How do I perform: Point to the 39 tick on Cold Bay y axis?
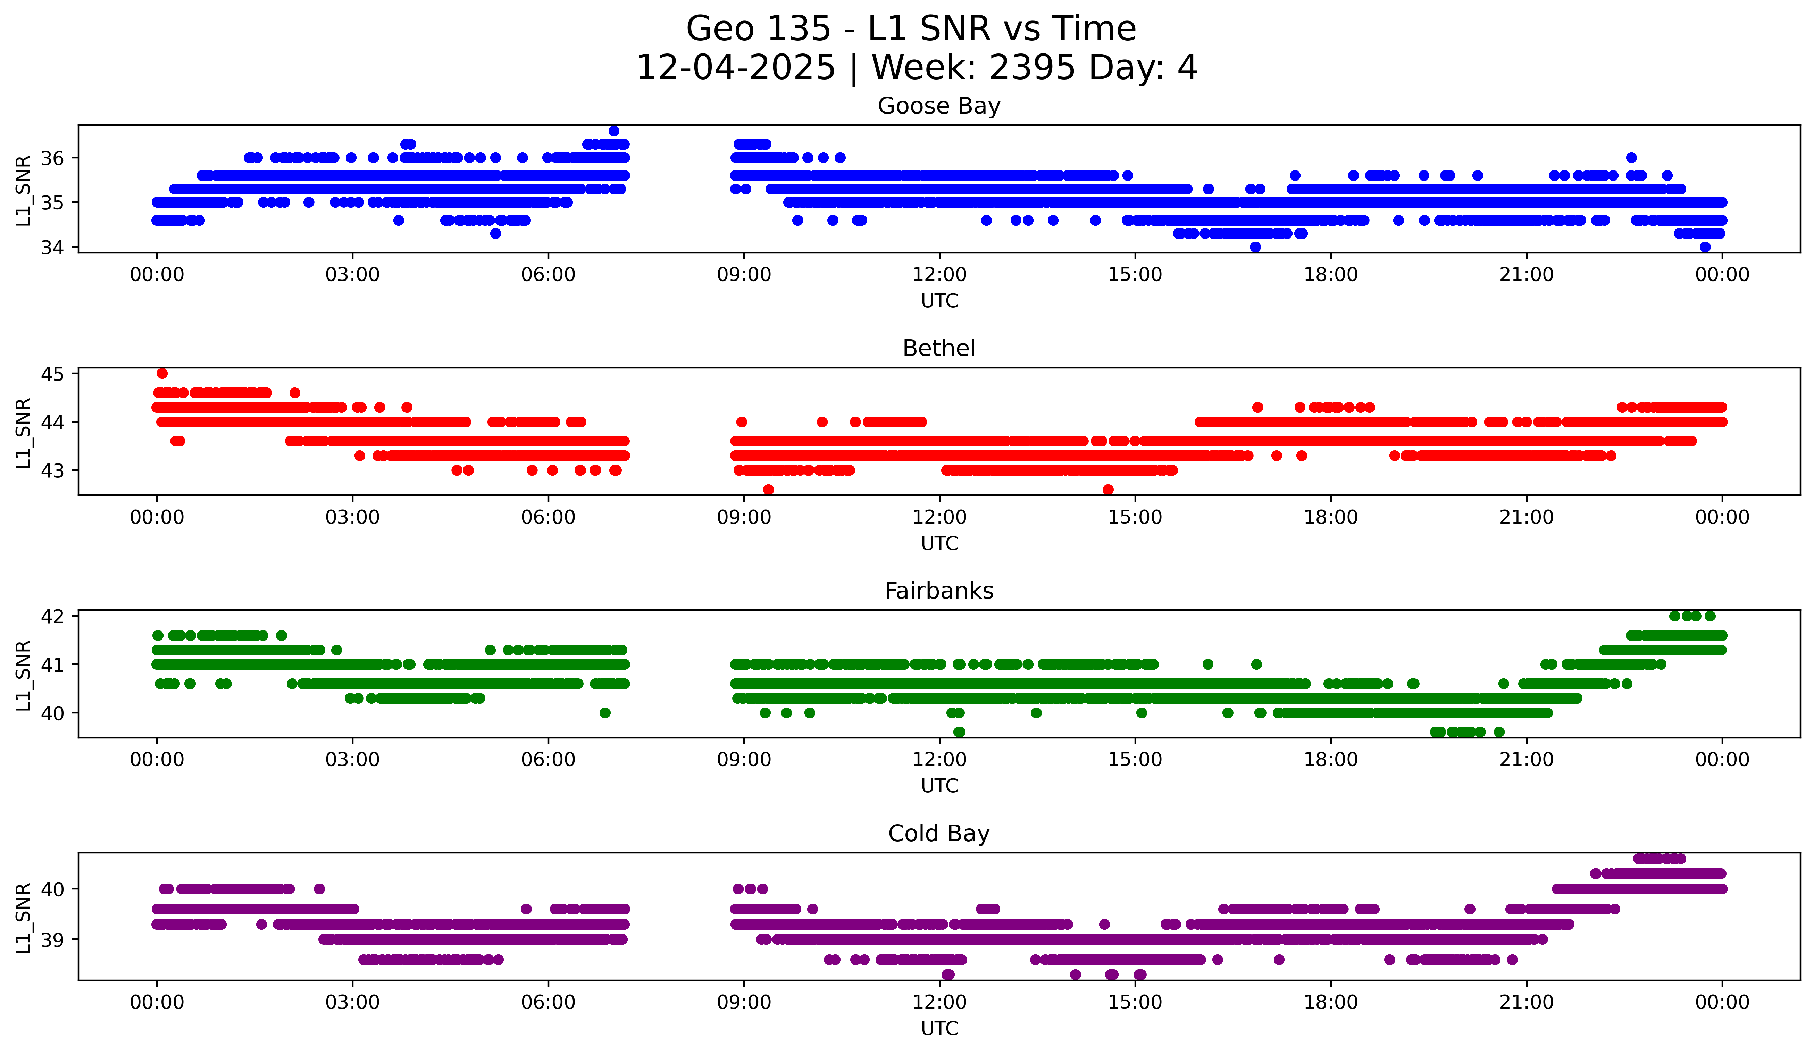click(x=52, y=940)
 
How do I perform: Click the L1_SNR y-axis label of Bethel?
click(x=23, y=433)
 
